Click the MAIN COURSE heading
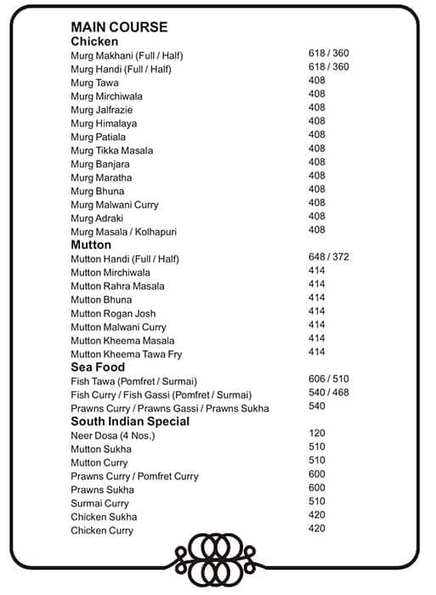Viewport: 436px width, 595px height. [119, 27]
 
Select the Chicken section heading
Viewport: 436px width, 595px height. [94, 42]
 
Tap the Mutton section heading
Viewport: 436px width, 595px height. [91, 245]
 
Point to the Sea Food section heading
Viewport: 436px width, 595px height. [98, 367]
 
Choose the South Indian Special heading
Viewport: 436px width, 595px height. [130, 422]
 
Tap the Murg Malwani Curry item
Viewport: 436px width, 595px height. [115, 205]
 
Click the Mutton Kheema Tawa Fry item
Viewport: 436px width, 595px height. [127, 354]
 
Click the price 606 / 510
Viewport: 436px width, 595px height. [329, 379]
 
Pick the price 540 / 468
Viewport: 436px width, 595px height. [329, 393]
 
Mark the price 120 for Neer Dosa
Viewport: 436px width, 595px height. [317, 433]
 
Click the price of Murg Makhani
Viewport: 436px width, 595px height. [329, 54]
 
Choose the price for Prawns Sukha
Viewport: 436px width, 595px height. [317, 488]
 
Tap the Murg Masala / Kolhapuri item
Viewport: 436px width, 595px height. [124, 232]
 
